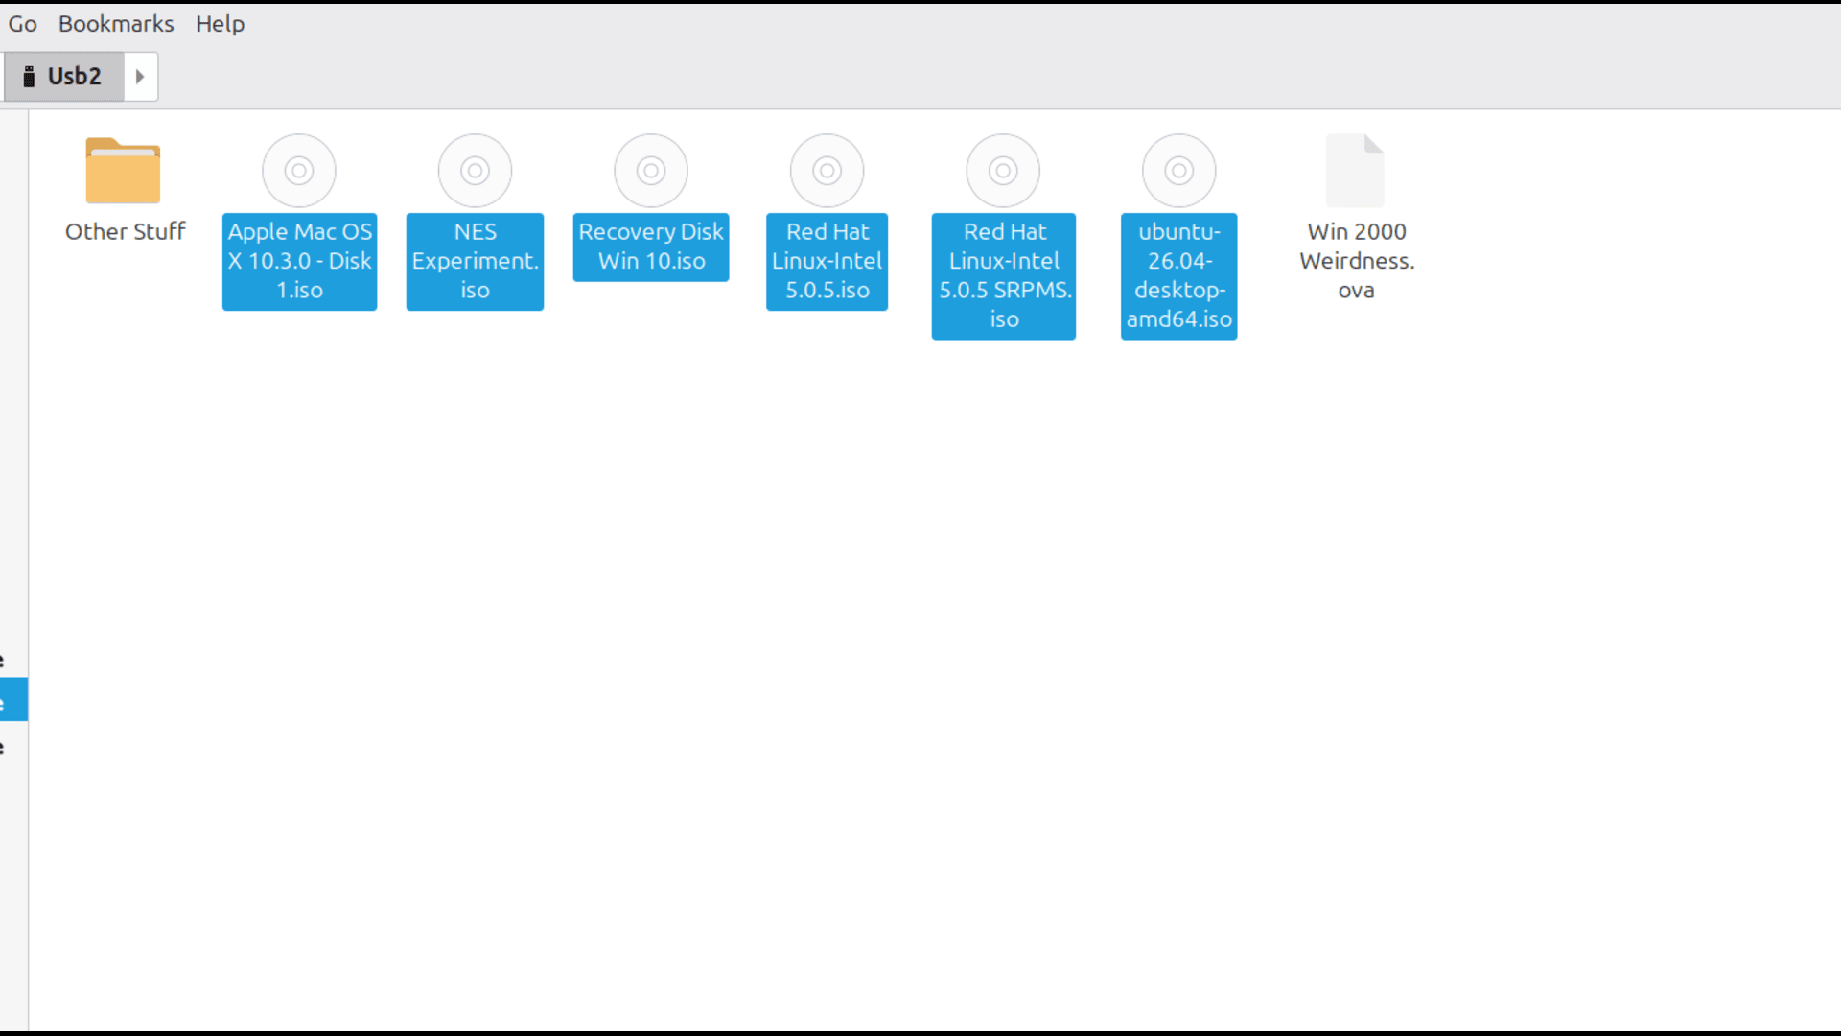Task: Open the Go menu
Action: pos(22,24)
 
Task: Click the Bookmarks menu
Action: pos(116,24)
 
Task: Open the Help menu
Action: pos(220,24)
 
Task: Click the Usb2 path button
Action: pos(63,77)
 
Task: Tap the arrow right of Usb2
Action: pos(140,77)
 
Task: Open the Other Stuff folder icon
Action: pos(123,171)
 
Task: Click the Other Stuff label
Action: pos(125,232)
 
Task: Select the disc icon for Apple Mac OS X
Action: pos(299,171)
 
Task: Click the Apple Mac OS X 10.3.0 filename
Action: pos(299,261)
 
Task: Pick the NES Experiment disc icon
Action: pos(475,171)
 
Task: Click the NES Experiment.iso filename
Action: pos(475,261)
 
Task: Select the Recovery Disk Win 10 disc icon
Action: pos(651,171)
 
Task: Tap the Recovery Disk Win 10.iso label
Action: pos(651,247)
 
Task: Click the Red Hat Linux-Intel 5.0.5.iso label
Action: pos(827,261)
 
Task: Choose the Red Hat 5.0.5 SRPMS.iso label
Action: pos(1004,275)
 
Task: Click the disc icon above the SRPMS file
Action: pos(1003,171)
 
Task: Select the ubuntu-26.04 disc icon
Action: pos(1179,171)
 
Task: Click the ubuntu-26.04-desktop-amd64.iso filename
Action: pos(1179,275)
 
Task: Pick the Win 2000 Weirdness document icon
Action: pos(1355,171)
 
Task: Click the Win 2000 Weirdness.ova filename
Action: pos(1357,261)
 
